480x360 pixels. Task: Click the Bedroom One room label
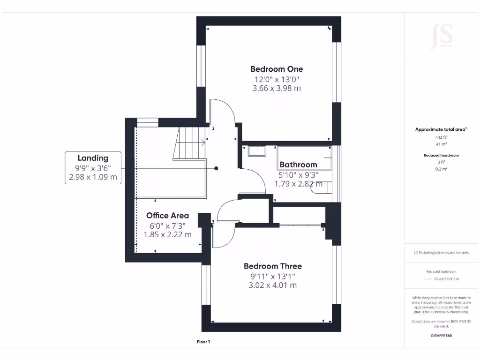(277, 69)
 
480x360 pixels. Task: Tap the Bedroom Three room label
(272, 266)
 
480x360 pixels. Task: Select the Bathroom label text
(298, 165)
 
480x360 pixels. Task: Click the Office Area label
(167, 216)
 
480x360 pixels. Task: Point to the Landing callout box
(93, 167)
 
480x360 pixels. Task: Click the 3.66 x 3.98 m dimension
(277, 88)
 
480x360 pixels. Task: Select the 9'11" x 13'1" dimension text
(272, 276)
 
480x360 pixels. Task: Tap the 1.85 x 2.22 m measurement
(167, 234)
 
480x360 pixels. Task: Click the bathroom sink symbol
(257, 151)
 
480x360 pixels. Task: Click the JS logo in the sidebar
(442, 36)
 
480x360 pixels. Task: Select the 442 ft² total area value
(441, 137)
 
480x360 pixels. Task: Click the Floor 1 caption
(203, 342)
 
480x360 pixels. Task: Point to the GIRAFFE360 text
(441, 336)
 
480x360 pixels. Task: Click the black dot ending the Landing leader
(216, 168)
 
